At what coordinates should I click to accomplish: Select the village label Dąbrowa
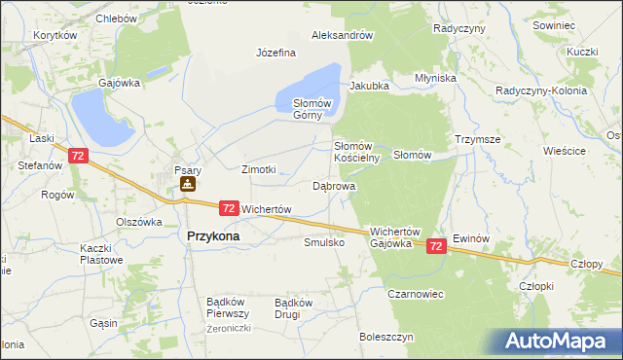[x=334, y=185]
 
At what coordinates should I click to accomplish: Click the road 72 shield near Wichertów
[x=229, y=207]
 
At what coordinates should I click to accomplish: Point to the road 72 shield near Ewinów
[x=437, y=248]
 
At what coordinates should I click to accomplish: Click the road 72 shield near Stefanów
[x=79, y=155]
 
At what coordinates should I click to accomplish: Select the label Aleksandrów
[x=343, y=35]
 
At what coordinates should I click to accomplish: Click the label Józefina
[x=275, y=53]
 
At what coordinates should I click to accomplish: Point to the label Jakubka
[x=369, y=86]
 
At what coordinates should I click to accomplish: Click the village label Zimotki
[x=259, y=169]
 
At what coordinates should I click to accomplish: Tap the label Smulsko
[x=324, y=242]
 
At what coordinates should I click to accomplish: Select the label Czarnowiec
[x=416, y=293]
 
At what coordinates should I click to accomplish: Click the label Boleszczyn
[x=386, y=337]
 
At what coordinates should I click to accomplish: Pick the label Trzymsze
[x=477, y=139]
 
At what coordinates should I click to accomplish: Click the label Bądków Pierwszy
[x=229, y=307]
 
